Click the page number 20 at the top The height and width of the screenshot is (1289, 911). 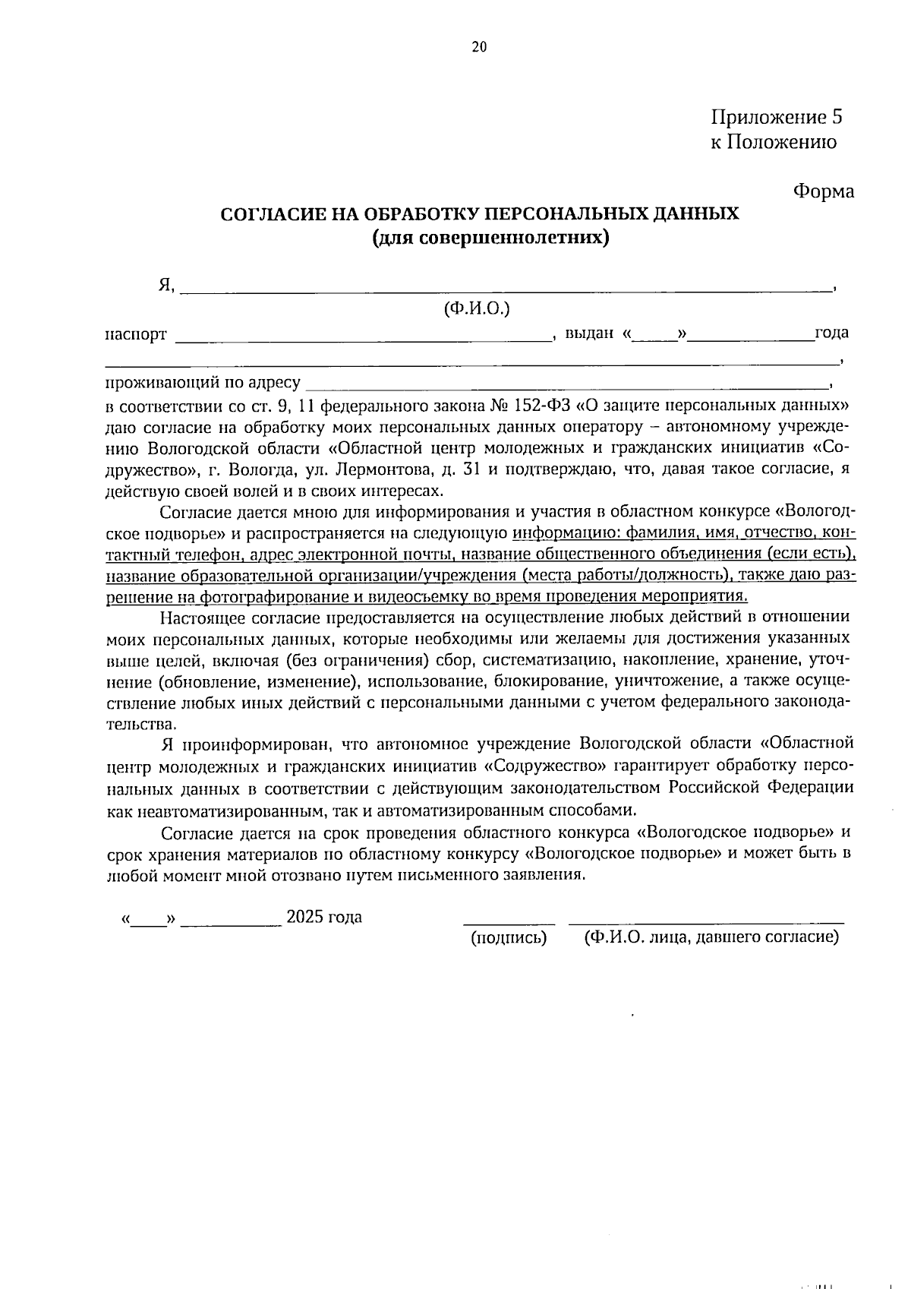click(478, 47)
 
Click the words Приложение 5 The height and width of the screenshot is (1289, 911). click(777, 117)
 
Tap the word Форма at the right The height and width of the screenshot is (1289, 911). click(823, 191)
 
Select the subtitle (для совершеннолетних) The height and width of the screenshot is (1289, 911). click(491, 238)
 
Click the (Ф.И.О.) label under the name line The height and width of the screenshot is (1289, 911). click(477, 308)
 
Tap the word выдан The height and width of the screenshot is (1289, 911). click(589, 333)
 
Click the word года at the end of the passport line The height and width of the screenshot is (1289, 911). click(831, 333)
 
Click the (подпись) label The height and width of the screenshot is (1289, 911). click(509, 938)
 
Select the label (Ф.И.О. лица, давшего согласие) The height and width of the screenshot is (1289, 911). click(711, 938)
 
